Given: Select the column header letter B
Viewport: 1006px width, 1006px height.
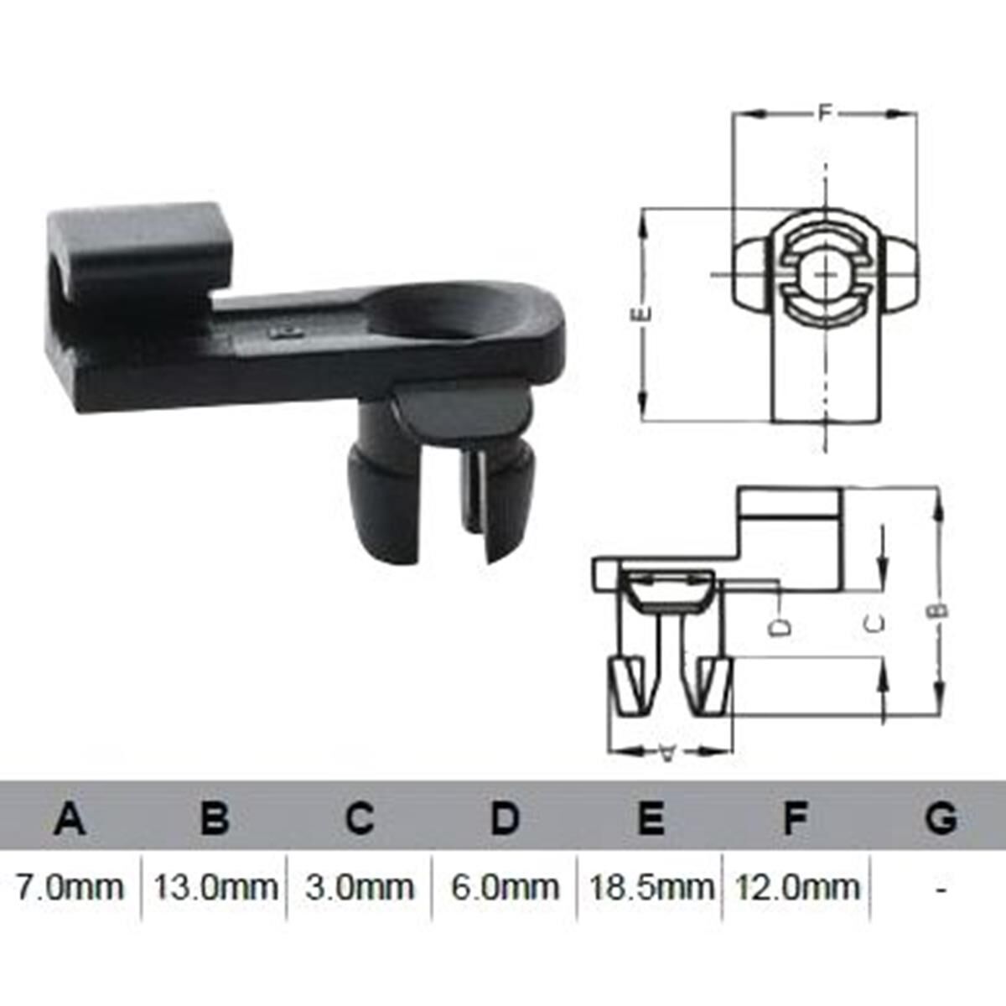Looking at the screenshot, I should tap(215, 817).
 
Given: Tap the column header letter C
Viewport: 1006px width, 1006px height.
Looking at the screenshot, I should tap(359, 817).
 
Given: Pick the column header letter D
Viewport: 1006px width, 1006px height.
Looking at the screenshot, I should tap(505, 817).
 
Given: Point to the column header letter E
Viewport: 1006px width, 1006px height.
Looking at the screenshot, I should tap(651, 817).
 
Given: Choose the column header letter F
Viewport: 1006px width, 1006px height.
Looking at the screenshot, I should tap(795, 817).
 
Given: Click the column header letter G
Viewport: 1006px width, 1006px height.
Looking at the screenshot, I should tap(941, 817).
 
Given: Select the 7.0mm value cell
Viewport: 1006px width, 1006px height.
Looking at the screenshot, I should tap(70, 887).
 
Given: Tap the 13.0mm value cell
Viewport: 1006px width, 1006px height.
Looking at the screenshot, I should tap(215, 887).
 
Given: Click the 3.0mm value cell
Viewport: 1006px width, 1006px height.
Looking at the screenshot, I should tap(359, 887).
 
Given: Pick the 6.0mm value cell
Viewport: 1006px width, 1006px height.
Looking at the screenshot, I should tap(505, 887).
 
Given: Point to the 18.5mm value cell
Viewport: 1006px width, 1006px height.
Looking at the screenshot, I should tap(651, 887).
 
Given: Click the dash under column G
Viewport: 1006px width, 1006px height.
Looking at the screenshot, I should tap(941, 887).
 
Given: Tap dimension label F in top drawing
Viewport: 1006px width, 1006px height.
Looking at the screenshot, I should tap(825, 111).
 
